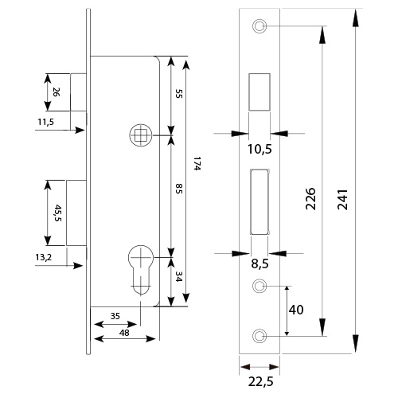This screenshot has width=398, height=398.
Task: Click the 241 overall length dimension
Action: pyautogui.click(x=342, y=199)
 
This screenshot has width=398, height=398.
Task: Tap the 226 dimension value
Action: pyautogui.click(x=310, y=199)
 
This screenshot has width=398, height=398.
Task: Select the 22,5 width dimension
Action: pyautogui.click(x=260, y=382)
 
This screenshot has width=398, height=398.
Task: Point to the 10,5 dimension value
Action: pyautogui.click(x=259, y=149)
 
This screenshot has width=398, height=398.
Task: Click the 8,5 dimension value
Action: pyautogui.click(x=259, y=263)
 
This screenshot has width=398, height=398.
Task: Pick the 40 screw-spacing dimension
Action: pyautogui.click(x=296, y=310)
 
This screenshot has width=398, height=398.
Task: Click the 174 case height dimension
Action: pyautogui.click(x=197, y=164)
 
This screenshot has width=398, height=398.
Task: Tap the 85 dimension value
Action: pyautogui.click(x=179, y=188)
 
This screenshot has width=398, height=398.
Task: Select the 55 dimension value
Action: pyautogui.click(x=179, y=94)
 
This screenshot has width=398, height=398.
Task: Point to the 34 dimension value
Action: pyautogui.click(x=178, y=276)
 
